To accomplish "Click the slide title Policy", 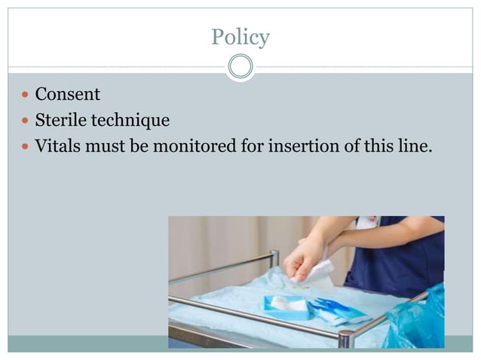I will pyautogui.click(x=240, y=36).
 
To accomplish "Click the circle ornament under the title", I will pyautogui.click(x=240, y=67).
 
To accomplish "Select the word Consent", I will pyautogui.click(x=67, y=95).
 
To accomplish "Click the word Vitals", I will pyautogui.click(x=58, y=145).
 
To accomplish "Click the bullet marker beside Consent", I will pyautogui.click(x=26, y=96).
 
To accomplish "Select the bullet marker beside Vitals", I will pyautogui.click(x=26, y=146).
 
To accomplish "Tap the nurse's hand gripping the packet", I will pyautogui.click(x=303, y=259).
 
